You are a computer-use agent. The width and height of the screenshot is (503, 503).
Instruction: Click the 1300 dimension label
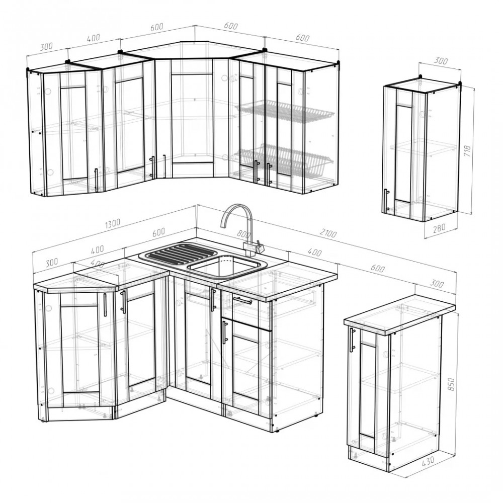(x=112, y=223)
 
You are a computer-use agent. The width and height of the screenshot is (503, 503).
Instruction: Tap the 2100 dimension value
(x=328, y=233)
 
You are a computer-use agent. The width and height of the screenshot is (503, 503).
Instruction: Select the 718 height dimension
(x=467, y=151)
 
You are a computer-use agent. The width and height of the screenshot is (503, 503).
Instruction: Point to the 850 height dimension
(x=451, y=384)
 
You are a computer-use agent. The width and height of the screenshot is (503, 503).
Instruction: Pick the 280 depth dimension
(x=439, y=228)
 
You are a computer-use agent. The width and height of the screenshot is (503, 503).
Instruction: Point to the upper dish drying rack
(x=285, y=110)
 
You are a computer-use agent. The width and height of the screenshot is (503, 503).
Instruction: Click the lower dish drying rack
(x=283, y=160)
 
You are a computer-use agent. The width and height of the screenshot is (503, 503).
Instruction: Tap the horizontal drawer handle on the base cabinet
(x=242, y=301)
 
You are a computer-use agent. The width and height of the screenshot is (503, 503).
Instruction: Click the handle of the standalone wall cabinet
(x=386, y=200)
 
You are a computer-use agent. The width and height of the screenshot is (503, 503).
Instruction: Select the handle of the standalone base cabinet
(x=353, y=340)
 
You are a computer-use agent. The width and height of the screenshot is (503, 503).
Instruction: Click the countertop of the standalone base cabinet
(x=400, y=315)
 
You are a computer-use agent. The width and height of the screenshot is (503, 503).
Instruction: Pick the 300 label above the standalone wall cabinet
(x=441, y=61)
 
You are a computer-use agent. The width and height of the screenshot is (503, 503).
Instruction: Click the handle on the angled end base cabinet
(x=105, y=305)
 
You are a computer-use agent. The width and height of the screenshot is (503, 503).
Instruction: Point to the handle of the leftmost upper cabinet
(x=96, y=180)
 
